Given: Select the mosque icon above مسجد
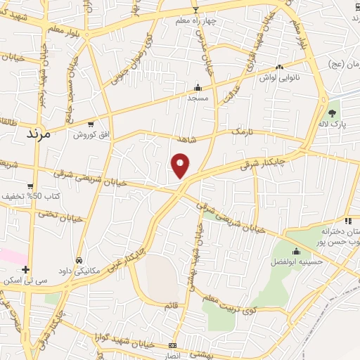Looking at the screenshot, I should coord(198,88).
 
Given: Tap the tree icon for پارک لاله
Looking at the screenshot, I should coord(332,113).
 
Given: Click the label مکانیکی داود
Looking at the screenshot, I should coord(78,271).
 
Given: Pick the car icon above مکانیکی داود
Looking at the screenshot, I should coord(79,259).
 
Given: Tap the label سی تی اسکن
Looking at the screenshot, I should coord(25,281).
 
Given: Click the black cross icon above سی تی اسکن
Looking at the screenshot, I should coord(26,269).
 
